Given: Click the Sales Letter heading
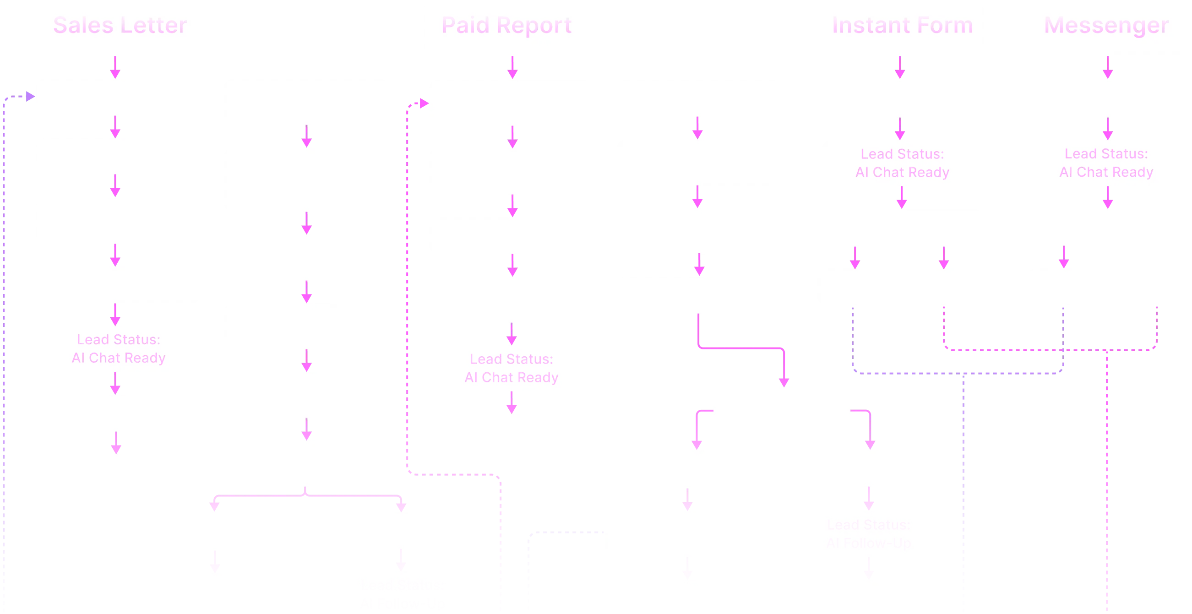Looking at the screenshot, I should [120, 26].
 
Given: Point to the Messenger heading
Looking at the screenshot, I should [1106, 26].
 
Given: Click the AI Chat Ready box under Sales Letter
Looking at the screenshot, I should [118, 349].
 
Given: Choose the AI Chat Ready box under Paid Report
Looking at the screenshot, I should [512, 368].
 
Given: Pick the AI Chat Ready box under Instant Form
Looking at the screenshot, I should [902, 163].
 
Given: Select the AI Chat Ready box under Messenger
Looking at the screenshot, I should [1106, 163].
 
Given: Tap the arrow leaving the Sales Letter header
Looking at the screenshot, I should [115, 67].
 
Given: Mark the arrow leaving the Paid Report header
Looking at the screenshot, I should [512, 67].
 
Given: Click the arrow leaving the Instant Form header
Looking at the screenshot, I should [900, 67].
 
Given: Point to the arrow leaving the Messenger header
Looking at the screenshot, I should [1107, 67].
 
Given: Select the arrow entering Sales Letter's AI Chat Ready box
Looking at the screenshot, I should [115, 315].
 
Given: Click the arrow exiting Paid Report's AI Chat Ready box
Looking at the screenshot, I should [512, 402].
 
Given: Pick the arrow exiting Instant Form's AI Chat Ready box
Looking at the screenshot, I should [901, 198].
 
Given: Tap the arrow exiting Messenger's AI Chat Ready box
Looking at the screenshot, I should [1107, 198].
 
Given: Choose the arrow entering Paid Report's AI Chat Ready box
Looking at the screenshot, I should [512, 335].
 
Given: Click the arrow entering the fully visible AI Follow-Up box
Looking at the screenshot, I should [869, 498].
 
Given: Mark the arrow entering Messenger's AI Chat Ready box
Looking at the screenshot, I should [1107, 129].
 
